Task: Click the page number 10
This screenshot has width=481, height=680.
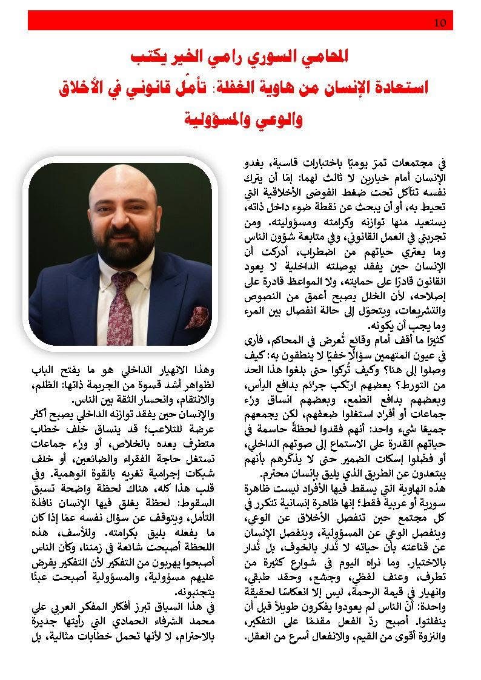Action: tap(440, 23)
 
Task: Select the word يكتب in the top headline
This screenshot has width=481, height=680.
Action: tap(148, 58)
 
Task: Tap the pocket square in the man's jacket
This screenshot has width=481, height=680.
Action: tap(196, 317)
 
